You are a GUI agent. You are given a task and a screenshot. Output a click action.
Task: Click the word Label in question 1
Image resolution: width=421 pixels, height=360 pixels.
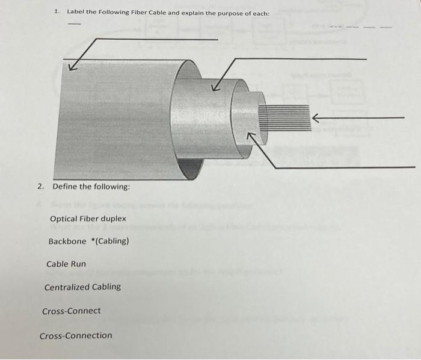point(75,11)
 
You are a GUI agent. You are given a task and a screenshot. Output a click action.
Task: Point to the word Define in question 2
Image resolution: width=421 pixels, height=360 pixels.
point(66,187)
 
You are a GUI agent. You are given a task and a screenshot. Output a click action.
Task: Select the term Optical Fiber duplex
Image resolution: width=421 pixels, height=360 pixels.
point(88,219)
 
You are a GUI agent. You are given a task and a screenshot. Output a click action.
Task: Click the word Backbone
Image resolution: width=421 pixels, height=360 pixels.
point(67,241)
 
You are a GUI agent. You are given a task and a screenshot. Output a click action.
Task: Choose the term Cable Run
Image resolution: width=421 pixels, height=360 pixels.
point(66,264)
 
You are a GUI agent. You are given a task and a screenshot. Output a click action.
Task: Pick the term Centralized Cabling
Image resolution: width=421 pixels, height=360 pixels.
point(82,287)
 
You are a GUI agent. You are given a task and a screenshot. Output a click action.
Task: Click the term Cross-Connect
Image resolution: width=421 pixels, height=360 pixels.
point(72,311)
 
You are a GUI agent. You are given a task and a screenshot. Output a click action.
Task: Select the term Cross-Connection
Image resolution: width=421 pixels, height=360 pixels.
point(76,335)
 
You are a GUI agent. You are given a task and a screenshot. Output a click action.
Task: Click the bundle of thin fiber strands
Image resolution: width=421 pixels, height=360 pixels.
point(283,117)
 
